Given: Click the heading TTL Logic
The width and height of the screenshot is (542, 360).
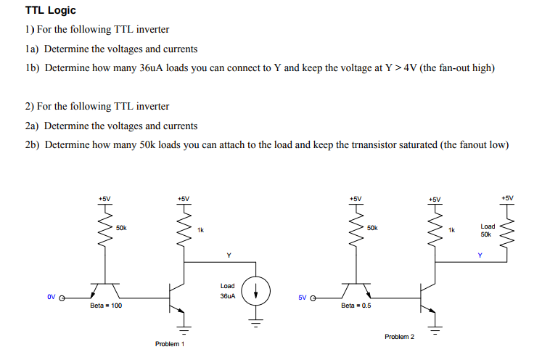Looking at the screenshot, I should [x=50, y=11].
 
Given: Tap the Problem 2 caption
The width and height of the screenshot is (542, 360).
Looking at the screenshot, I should [x=400, y=337].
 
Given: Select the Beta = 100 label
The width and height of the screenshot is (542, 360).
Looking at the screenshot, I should [x=106, y=306].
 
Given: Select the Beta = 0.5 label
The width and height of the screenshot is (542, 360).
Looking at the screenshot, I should [x=356, y=306].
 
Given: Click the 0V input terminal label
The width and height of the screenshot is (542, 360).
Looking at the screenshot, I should [x=51, y=297].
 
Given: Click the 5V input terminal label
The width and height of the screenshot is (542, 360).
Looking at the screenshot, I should [x=303, y=297].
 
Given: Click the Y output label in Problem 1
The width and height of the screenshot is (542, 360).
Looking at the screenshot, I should [x=229, y=255].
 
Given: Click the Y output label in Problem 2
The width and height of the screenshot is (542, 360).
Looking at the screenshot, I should [x=479, y=255].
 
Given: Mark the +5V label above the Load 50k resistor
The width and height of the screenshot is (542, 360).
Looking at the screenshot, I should [x=507, y=197].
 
